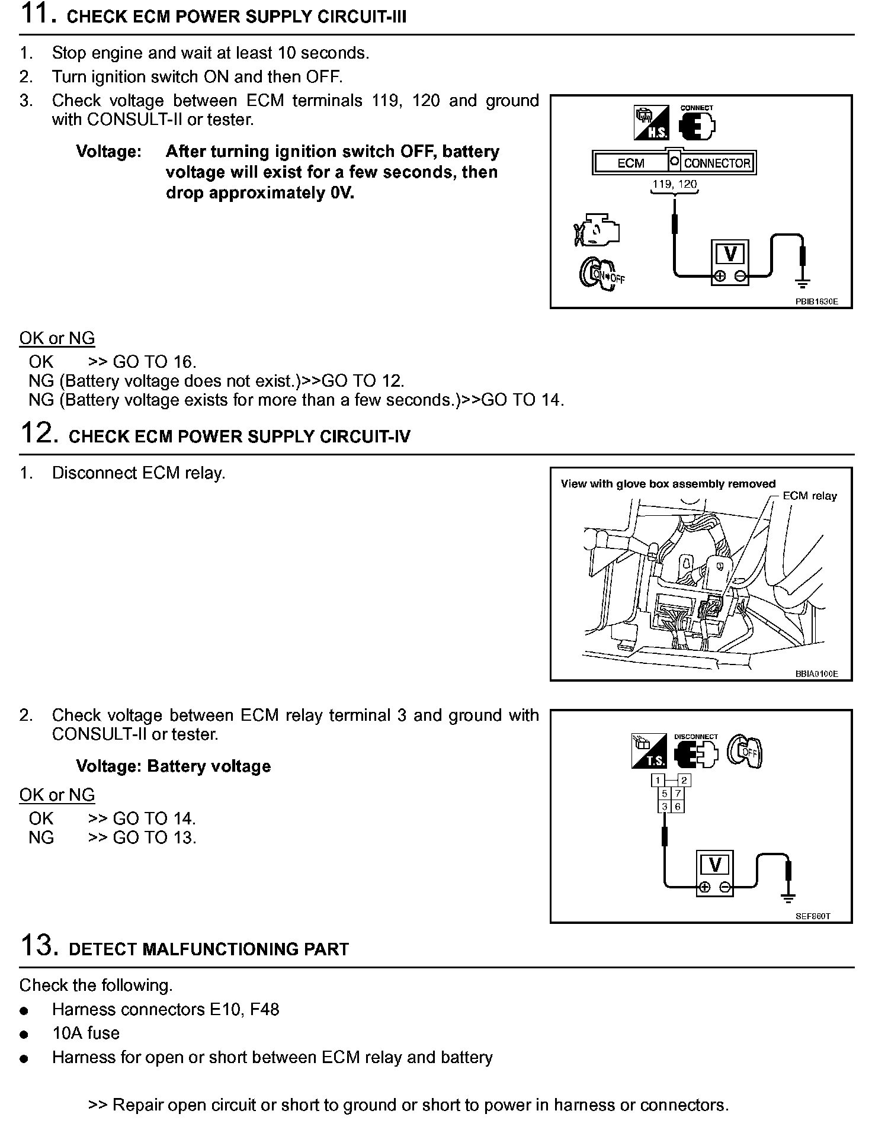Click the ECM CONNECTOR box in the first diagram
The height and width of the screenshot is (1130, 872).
tap(674, 162)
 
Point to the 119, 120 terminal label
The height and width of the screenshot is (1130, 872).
tap(674, 184)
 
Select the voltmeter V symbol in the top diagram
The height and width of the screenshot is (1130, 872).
tap(730, 255)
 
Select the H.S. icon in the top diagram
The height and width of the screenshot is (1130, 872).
tap(650, 123)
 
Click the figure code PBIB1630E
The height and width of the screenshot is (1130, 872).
tap(816, 301)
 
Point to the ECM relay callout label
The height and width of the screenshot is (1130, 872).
tap(809, 496)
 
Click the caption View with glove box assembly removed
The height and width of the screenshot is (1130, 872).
tap(668, 484)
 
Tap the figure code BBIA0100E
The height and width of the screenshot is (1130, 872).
tap(816, 674)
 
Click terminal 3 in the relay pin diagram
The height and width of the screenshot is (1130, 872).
tap(665, 807)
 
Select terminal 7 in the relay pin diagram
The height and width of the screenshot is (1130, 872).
tap(678, 794)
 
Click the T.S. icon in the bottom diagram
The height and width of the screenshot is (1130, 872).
tap(649, 752)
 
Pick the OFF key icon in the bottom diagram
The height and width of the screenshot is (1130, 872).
tap(745, 752)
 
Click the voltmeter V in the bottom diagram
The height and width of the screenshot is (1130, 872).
tap(714, 866)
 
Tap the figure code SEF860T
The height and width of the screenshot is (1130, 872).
tap(813, 916)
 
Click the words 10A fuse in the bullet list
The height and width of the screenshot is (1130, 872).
tap(86, 1033)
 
